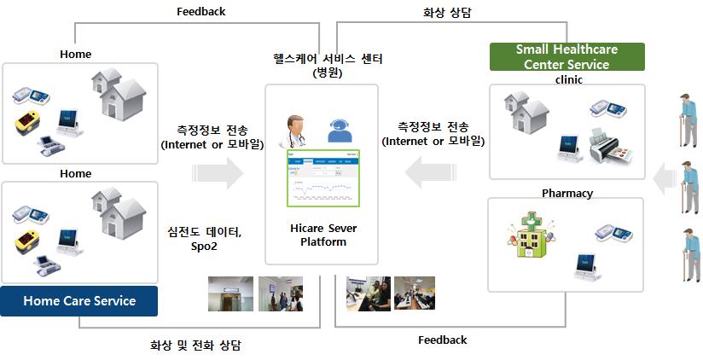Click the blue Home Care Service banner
[78, 300]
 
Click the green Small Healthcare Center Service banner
[566, 57]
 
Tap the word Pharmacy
[566, 193]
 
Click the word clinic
[567, 79]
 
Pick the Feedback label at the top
[200, 11]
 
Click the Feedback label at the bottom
[442, 340]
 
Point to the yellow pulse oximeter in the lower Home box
[29, 243]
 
